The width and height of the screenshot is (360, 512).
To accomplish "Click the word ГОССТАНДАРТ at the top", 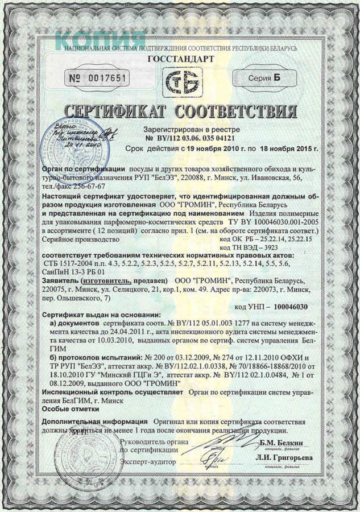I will click(x=180, y=59).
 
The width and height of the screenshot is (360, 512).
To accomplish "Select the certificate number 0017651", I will click(x=107, y=78).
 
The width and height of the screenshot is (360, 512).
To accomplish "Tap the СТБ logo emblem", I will click(x=180, y=83).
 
